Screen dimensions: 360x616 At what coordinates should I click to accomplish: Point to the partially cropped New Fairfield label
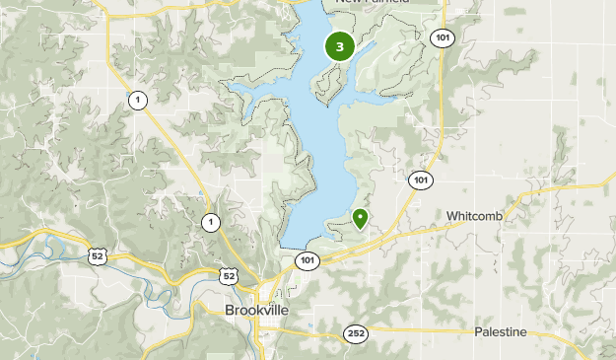pos(372,3)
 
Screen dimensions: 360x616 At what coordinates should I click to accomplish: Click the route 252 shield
pos(356,334)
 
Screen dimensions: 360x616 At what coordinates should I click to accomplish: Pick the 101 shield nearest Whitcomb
pos(421,180)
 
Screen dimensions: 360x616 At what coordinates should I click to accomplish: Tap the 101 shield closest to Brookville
pos(307,260)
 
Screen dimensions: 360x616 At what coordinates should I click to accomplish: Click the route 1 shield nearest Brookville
pos(210,222)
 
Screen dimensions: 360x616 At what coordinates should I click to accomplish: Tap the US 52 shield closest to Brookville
pos(228,276)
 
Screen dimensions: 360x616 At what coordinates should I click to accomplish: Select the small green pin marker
pos(361,218)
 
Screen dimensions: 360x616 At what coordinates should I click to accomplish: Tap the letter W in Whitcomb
pos(451,215)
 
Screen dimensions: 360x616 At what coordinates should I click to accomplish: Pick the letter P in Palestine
pos(478,331)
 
